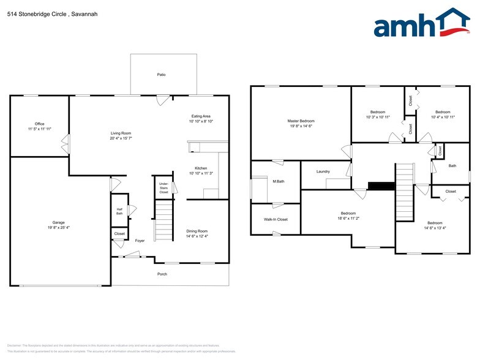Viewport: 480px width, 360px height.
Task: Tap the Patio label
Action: (161, 75)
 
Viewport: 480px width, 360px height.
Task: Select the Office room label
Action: (40, 124)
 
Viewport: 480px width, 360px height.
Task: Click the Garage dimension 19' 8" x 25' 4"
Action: (59, 227)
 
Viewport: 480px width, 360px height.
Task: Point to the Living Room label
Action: (121, 133)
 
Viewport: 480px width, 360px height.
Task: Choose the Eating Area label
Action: (201, 116)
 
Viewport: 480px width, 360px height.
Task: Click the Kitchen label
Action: (201, 168)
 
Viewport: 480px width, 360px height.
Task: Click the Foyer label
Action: (140, 241)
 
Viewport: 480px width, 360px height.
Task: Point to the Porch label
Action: (162, 274)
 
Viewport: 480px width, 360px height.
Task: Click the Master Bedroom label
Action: (300, 121)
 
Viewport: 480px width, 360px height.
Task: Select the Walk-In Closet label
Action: (276, 219)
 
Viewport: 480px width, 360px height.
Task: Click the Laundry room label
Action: (323, 171)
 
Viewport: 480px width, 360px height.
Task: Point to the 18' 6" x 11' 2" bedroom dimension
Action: (348, 218)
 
